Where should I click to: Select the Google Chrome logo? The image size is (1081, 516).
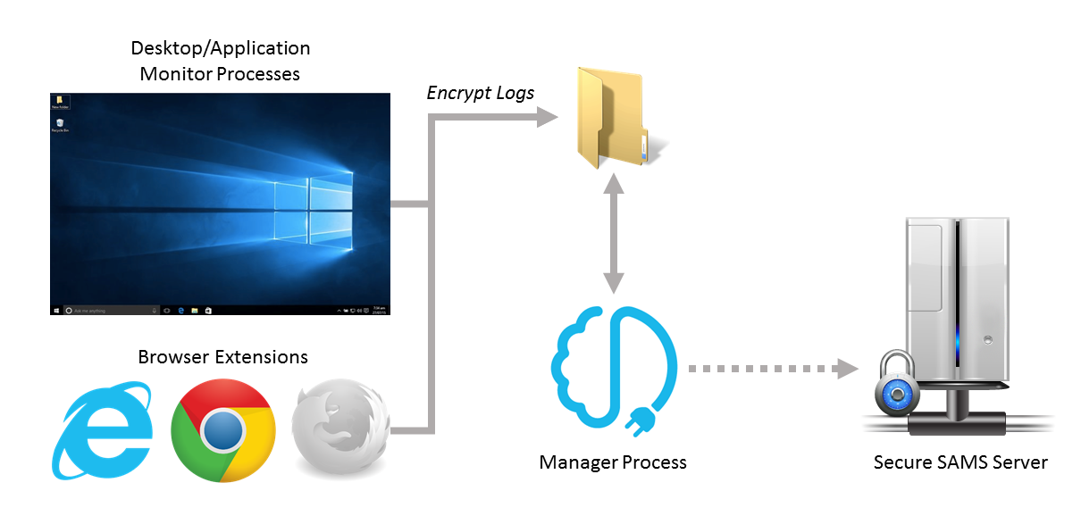click(x=222, y=431)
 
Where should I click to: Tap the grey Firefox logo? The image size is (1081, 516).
click(x=340, y=431)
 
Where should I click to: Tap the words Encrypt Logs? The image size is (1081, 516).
click(x=481, y=93)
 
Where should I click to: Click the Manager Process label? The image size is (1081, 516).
click(x=613, y=462)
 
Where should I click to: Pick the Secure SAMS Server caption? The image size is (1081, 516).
click(x=960, y=462)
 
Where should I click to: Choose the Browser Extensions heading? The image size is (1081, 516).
click(x=222, y=357)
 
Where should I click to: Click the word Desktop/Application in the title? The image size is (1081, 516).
click(x=221, y=48)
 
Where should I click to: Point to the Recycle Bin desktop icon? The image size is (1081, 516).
click(x=60, y=123)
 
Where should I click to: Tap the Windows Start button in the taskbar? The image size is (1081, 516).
click(x=56, y=311)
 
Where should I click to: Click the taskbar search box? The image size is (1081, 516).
click(x=107, y=311)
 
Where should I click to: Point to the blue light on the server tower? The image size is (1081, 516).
click(x=957, y=340)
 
